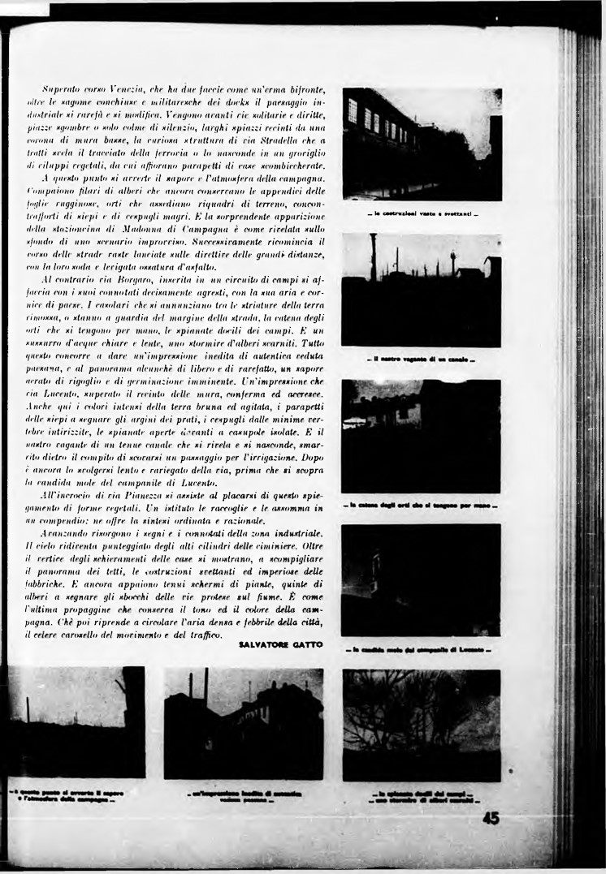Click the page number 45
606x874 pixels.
[x=491, y=819]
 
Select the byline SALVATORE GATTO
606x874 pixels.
[x=281, y=644]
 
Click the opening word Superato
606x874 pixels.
[x=61, y=86]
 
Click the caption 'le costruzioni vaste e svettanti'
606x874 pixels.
[x=422, y=214]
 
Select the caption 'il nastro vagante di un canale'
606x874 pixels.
[x=422, y=360]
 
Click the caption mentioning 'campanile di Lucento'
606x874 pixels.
[x=422, y=650]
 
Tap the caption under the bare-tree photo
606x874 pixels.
[x=422, y=796]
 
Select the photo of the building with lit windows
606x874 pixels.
[x=422, y=144]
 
